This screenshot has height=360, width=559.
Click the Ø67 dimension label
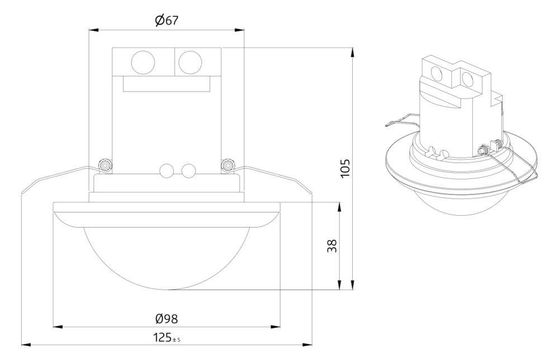point(166,20)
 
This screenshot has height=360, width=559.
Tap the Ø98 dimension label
point(166,319)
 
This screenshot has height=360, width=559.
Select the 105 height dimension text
point(345,169)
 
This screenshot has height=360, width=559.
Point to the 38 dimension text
point(332,245)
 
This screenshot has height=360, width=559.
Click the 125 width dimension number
point(162,338)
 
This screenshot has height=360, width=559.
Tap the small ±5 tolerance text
point(176,340)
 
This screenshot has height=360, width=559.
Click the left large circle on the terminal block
point(143,63)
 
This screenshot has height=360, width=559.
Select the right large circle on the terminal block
point(190,63)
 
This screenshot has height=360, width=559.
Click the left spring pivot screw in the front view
point(106,165)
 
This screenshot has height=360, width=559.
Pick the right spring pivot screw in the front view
point(228,165)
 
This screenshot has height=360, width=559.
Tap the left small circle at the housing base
point(167,170)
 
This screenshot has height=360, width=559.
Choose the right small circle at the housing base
point(188,170)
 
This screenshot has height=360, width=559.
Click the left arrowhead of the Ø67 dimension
point(93,30)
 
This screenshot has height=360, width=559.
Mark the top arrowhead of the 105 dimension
point(353,53)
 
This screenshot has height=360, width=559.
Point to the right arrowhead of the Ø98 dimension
point(276,326)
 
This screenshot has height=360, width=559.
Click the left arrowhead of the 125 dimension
point(26,345)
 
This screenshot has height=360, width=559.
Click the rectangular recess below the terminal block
point(167,84)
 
